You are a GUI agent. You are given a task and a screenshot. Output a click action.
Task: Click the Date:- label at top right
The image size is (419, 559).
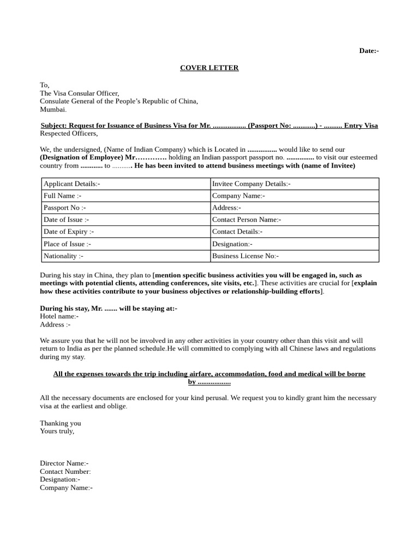[369, 51]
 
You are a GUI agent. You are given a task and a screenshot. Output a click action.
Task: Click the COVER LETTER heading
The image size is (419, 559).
[209, 68]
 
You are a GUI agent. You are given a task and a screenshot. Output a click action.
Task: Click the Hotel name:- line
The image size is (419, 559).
[59, 316]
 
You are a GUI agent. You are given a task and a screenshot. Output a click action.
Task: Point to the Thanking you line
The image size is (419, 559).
[60, 423]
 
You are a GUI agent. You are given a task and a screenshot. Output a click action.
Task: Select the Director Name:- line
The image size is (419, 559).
[64, 463]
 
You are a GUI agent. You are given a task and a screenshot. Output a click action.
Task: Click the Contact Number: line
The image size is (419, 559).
[65, 472]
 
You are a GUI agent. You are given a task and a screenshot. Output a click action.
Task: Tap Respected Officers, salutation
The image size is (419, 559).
[69, 134]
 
